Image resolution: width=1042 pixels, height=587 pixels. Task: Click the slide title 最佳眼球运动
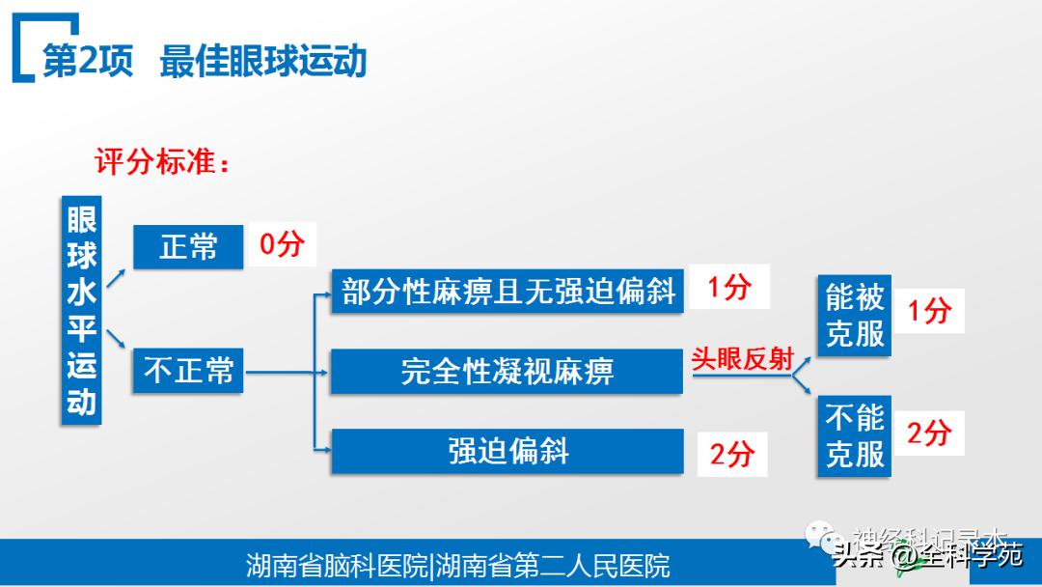pos(263,61)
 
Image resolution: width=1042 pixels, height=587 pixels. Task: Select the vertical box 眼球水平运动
pos(81,310)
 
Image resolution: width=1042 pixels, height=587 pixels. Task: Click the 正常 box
pos(188,247)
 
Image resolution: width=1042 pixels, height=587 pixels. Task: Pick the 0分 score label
pos(282,243)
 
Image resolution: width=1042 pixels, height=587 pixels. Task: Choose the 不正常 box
pos(188,370)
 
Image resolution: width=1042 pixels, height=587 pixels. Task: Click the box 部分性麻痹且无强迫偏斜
pos(507,292)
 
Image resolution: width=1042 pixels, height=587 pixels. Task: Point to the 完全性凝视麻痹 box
pos(507,372)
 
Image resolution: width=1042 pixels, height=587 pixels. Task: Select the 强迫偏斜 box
pos(507,451)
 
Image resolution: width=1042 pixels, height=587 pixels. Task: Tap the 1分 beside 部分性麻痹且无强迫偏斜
pos(729,287)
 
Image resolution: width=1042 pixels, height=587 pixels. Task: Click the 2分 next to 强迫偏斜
pos(731,453)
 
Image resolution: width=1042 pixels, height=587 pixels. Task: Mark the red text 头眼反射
pos(741,359)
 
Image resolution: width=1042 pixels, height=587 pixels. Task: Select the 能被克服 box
pos(854,316)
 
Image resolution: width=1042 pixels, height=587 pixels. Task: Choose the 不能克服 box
pos(854,435)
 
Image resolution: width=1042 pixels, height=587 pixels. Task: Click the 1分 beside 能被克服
pos(929,311)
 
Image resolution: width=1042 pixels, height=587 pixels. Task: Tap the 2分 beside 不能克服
pos(929,433)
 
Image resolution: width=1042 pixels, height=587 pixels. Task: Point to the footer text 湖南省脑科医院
pos(337,565)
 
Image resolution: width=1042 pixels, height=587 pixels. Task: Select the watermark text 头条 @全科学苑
pos(926,556)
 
